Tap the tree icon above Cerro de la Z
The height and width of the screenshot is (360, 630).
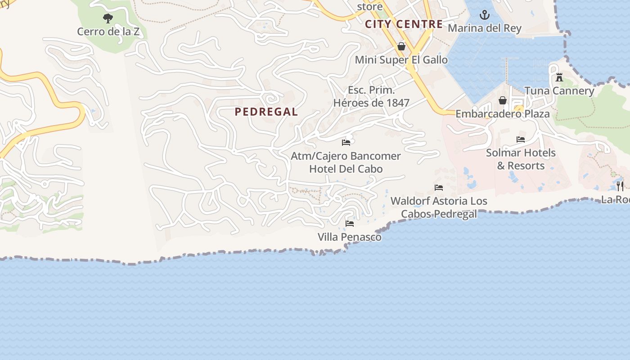click(108, 18)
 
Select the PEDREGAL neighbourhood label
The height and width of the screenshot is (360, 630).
click(266, 112)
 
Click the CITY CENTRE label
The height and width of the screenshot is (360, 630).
click(404, 24)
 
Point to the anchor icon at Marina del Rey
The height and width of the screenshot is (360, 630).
click(484, 15)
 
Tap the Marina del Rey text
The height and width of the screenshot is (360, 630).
click(484, 28)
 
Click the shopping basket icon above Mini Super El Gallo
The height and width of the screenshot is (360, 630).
click(401, 46)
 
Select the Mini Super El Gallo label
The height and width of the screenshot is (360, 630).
click(401, 60)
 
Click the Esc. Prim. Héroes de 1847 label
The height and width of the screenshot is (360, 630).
click(371, 96)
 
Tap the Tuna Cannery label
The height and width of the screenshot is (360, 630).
click(559, 90)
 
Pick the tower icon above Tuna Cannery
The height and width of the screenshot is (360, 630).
click(559, 77)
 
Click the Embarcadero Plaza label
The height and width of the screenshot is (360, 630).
click(502, 114)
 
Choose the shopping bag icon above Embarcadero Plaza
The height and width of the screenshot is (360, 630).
click(502, 100)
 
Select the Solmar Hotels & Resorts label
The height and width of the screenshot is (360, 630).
click(521, 159)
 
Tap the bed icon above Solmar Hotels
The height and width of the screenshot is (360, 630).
click(521, 139)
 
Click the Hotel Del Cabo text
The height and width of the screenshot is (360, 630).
click(346, 169)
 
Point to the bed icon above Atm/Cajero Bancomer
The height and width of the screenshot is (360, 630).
click(346, 143)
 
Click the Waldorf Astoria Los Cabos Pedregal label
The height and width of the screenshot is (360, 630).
click(439, 207)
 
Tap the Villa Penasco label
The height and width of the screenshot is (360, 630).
click(349, 237)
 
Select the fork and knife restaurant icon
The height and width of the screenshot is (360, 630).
click(620, 186)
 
